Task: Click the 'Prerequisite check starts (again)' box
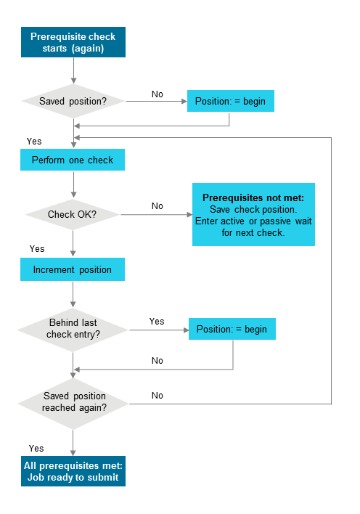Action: tap(73, 43)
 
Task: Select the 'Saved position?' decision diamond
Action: tap(73, 101)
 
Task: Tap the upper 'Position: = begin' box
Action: tap(231, 101)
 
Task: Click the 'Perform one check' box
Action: tap(73, 160)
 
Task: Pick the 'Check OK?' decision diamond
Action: tap(73, 214)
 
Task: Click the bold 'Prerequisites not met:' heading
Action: tap(253, 197)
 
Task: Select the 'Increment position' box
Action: tap(73, 270)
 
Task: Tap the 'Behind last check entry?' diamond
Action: tap(73, 329)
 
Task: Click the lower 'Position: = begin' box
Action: tap(232, 329)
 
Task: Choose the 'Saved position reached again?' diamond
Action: tap(73, 402)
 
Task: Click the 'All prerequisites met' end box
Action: tap(73, 471)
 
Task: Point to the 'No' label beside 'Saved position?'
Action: tap(157, 94)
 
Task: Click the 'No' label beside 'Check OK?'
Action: tap(157, 206)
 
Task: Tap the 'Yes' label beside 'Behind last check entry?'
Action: tap(157, 321)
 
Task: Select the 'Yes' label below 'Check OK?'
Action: tap(37, 248)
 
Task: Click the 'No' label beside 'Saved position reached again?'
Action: tap(157, 395)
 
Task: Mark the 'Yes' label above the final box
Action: tap(36, 448)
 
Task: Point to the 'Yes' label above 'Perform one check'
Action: tap(34, 140)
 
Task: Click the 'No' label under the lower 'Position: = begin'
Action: tap(157, 360)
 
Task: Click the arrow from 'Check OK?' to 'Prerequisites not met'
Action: tap(156, 215)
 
